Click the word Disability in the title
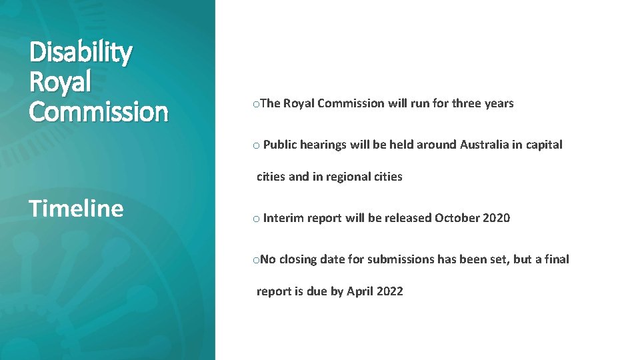81,53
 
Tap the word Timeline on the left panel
76,209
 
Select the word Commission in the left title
99,111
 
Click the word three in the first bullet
466,103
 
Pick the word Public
280,145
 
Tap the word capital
543,145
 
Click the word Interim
283,218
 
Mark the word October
457,218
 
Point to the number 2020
497,218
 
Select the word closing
297,259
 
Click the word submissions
401,259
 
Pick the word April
360,291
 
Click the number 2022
390,291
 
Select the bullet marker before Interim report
256,219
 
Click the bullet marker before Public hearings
256,145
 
